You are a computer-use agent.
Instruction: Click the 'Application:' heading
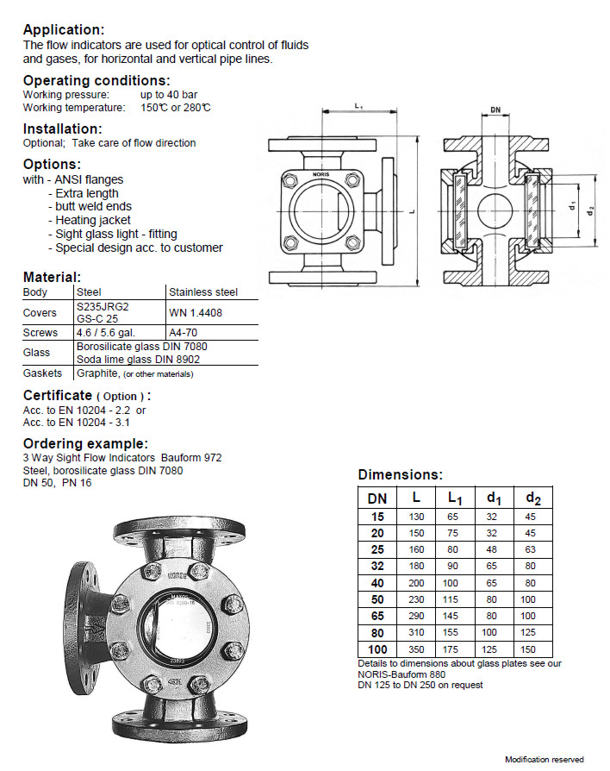click(x=64, y=30)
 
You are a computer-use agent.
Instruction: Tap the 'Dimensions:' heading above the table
click(x=400, y=475)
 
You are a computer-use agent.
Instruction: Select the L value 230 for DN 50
click(x=417, y=599)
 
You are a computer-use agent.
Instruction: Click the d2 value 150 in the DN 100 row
click(x=527, y=649)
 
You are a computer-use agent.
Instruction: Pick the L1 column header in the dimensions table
click(x=455, y=498)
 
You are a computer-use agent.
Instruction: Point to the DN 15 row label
click(x=377, y=516)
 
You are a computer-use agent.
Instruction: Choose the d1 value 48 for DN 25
click(x=491, y=548)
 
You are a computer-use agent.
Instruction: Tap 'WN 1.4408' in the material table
click(x=196, y=313)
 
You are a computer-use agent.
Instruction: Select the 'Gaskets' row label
click(x=42, y=373)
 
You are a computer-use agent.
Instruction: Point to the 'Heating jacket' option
click(x=93, y=220)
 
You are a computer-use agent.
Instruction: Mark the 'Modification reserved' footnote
click(x=544, y=759)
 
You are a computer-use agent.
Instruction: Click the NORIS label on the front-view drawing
click(x=321, y=173)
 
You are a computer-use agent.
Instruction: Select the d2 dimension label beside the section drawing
click(x=590, y=209)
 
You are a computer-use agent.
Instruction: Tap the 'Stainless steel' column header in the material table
click(x=203, y=292)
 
